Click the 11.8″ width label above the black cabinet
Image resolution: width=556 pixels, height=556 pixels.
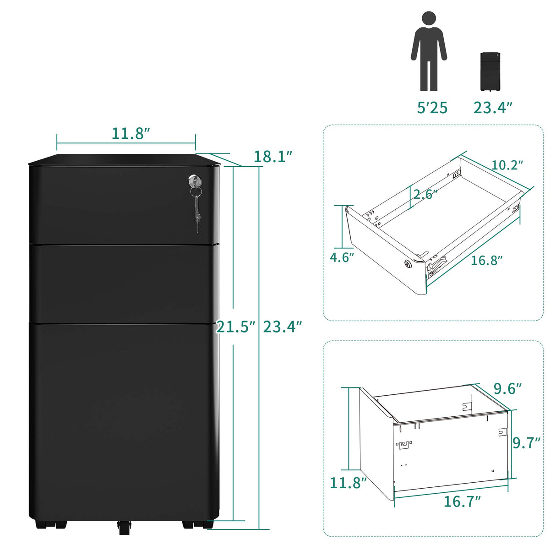(131, 133)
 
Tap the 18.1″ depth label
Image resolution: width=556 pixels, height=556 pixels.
(273, 157)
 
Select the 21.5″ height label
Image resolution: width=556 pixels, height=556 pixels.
(235, 327)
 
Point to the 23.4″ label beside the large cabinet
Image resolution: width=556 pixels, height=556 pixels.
(283, 327)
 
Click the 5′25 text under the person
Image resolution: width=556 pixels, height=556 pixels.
(432, 108)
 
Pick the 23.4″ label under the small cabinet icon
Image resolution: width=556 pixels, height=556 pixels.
(493, 108)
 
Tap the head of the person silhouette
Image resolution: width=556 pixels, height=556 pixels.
(429, 19)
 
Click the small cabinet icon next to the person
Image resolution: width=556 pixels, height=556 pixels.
(490, 71)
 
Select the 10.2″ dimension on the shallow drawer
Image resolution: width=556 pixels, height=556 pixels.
(507, 165)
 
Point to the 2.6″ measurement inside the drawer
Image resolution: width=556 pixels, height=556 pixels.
(425, 194)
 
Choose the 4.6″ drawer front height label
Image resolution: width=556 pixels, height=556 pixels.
(342, 257)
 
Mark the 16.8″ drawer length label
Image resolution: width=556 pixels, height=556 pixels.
(487, 261)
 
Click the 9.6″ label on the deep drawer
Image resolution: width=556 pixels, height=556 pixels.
(507, 388)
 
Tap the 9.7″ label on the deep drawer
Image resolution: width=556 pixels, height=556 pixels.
(527, 442)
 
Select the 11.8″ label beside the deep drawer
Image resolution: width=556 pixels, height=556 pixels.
(349, 483)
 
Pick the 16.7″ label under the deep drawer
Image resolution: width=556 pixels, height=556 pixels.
(462, 501)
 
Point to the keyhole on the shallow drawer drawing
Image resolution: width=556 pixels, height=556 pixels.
(407, 264)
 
